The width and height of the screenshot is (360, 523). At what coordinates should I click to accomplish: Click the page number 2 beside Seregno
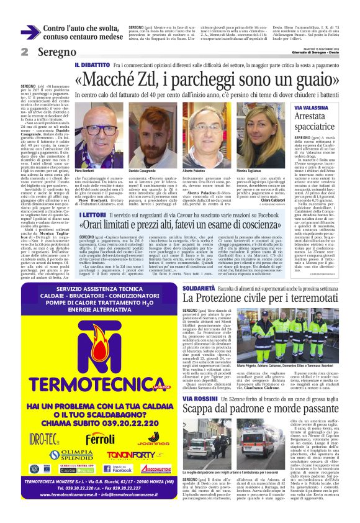click(25, 52)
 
